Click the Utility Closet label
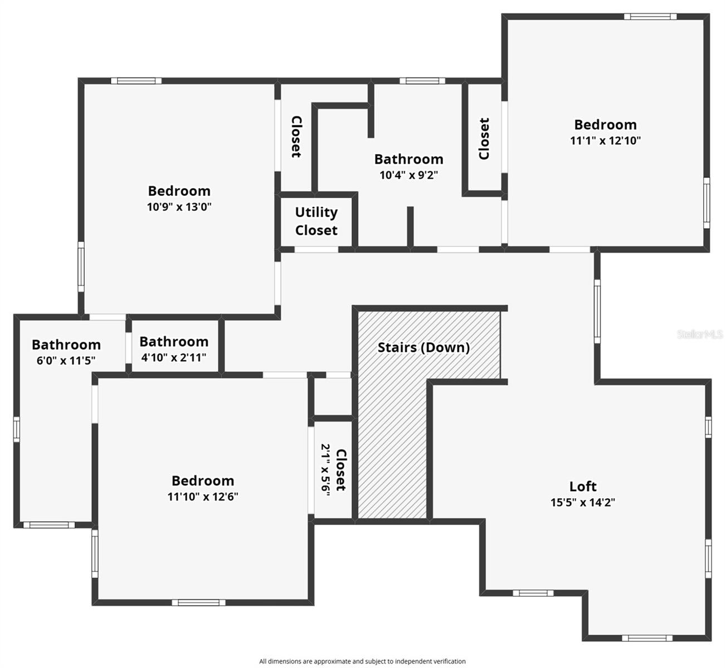pos(316,221)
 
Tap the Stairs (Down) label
pos(424,347)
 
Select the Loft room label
pos(583,487)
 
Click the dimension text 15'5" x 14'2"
pos(583,502)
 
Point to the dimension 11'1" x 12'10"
pos(605,140)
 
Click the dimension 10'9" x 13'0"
pos(179,207)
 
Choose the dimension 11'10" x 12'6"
pos(203,497)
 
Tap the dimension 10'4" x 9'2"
pos(408,175)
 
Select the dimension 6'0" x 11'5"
pos(66,360)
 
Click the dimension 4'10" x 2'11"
pos(174,357)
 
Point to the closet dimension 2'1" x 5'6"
pos(326,468)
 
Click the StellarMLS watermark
pos(700,334)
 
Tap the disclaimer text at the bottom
pos(362,661)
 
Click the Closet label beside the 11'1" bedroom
pos(484,139)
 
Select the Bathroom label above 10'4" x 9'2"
pos(408,159)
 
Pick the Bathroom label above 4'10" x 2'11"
pos(174,342)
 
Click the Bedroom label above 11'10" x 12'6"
pos(203,481)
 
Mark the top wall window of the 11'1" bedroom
pos(650,17)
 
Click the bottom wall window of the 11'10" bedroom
pos(198,602)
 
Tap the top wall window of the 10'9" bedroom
pos(136,81)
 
